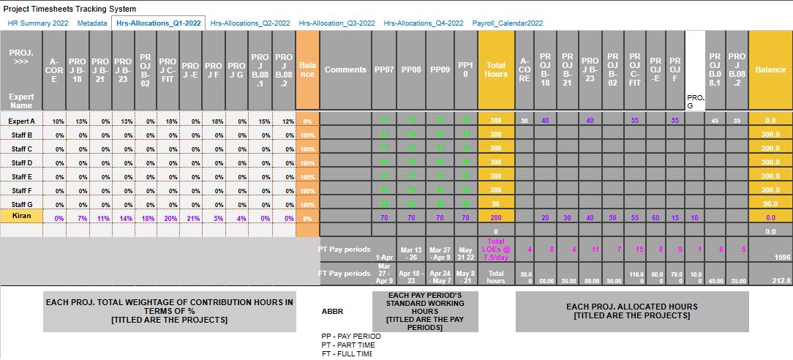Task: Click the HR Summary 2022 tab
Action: [x=38, y=23]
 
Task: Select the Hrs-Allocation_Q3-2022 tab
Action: [x=339, y=23]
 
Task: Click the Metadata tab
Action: [x=92, y=23]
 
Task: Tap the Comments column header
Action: [x=345, y=70]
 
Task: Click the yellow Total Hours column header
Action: [x=495, y=70]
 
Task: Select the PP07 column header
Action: [x=384, y=70]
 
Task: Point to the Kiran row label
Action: [x=21, y=217]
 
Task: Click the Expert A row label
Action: [x=21, y=120]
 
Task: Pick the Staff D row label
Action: [x=21, y=162]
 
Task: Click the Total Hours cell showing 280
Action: [x=495, y=217]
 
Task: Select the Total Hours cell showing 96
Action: [x=495, y=203]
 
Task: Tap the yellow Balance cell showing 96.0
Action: [x=770, y=203]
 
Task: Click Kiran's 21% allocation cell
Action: [x=190, y=217]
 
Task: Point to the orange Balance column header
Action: [x=308, y=70]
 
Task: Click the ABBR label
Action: [x=332, y=311]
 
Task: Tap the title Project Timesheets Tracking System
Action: [x=69, y=9]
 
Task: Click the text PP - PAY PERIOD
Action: [x=350, y=336]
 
